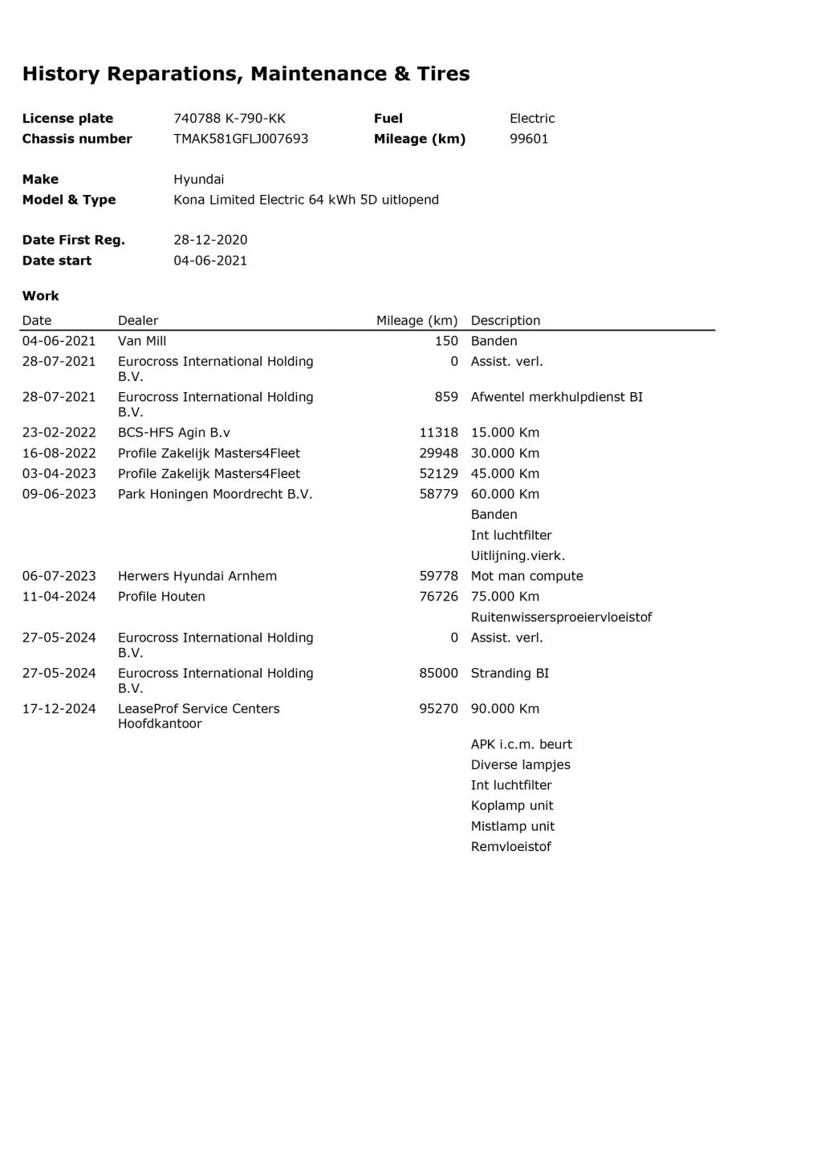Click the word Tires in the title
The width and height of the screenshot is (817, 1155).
[x=443, y=74]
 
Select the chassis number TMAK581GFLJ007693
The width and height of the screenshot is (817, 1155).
[x=241, y=139]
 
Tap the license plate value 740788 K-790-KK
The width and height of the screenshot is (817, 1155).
[x=230, y=119]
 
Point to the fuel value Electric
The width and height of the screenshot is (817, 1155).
[x=532, y=119]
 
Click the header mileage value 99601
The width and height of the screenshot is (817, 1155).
[x=529, y=139]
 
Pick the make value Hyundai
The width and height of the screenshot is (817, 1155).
[x=199, y=180]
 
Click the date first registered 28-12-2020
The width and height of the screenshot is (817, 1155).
[x=210, y=240]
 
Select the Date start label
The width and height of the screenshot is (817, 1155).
[x=57, y=261]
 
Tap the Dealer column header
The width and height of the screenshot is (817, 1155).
[x=138, y=321]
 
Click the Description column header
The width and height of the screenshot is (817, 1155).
[x=506, y=321]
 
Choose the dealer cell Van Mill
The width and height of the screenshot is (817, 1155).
[x=142, y=341]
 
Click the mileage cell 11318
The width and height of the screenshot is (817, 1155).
[x=438, y=432]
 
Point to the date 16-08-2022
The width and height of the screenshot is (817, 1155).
[x=59, y=453]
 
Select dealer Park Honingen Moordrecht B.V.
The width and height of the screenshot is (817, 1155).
[x=215, y=494]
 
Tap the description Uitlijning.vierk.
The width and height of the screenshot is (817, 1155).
[x=518, y=556]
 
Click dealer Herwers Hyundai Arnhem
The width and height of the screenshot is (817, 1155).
[x=197, y=576]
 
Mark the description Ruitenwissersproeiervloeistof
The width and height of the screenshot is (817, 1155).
[x=561, y=618]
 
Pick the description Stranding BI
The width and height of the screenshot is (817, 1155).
[x=510, y=673]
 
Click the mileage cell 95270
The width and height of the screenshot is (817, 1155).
[x=438, y=709]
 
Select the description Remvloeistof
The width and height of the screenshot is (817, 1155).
[x=511, y=847]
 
